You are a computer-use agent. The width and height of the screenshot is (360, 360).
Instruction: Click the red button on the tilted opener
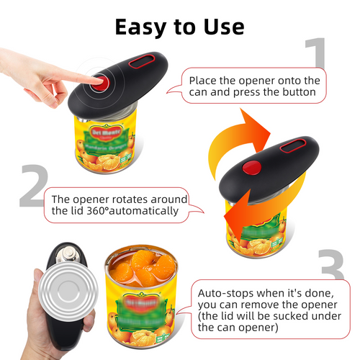point(250,170)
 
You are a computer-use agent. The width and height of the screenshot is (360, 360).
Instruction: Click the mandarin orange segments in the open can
point(143,269)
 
